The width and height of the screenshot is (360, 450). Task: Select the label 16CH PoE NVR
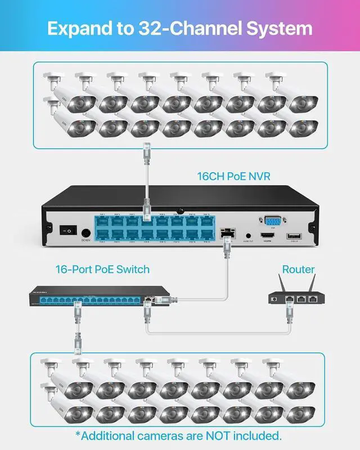[234, 177]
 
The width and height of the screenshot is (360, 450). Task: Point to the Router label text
[299, 269]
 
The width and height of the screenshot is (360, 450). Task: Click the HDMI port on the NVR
[267, 237]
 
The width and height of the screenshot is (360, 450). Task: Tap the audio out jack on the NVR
[248, 236]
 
